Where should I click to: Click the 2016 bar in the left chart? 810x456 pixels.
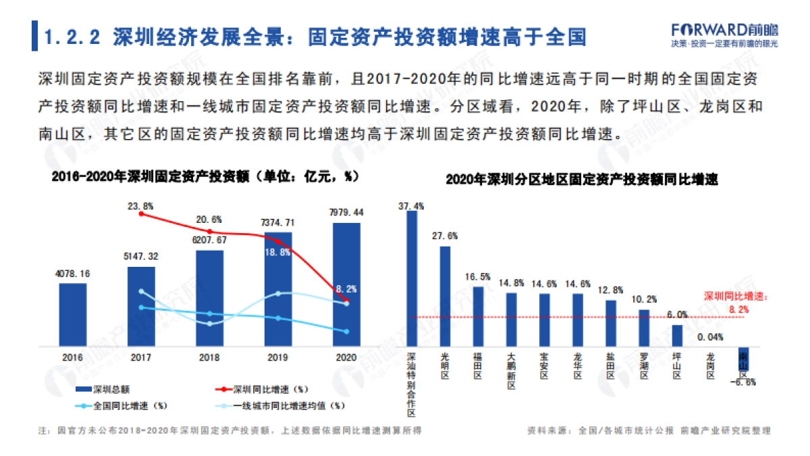point(73,314)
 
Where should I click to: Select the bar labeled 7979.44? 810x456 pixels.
point(346,284)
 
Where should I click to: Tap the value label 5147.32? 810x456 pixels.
point(141,257)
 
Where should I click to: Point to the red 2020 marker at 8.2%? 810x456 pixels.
point(346,299)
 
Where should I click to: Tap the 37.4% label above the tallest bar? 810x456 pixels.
point(412,205)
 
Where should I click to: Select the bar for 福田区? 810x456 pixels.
point(478,315)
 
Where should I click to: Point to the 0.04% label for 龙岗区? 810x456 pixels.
point(710,336)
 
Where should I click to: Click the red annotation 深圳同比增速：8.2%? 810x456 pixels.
point(736,302)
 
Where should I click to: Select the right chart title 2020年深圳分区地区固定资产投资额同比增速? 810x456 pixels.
point(581,180)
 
